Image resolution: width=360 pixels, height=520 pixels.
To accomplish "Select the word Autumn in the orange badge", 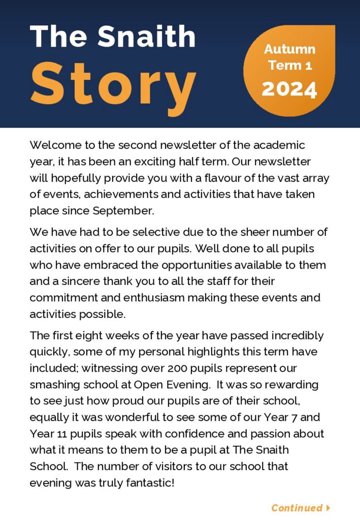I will click(x=289, y=49).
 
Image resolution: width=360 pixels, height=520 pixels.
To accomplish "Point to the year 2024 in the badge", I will click(x=289, y=89).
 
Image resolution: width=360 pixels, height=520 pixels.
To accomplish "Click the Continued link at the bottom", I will click(x=297, y=508).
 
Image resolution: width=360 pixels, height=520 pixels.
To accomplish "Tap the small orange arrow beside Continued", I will click(x=329, y=508).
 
